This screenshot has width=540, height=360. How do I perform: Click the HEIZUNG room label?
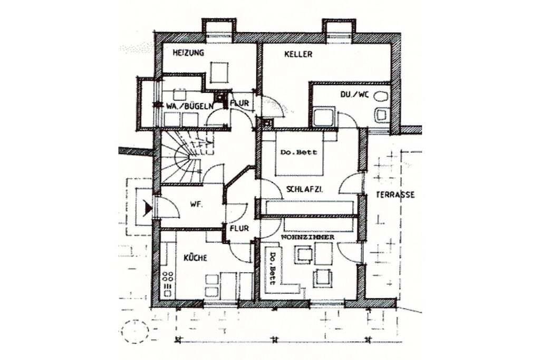tap(188, 53)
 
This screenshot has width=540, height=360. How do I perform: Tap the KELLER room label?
tap(298, 54)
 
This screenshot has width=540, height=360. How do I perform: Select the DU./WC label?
tap(354, 94)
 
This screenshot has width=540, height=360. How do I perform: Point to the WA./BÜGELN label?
tap(189, 106)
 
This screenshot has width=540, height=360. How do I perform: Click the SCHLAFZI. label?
tap(304, 189)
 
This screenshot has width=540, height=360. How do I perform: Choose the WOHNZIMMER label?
tap(307, 237)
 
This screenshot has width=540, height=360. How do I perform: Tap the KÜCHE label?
tap(195, 257)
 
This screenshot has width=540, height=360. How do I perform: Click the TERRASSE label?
tap(395, 195)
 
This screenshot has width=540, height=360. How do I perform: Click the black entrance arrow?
tap(148, 209)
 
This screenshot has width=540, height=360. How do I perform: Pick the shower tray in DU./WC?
tap(323, 117)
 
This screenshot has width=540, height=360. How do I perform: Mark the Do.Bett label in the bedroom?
tap(298, 152)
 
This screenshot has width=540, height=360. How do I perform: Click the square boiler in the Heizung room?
tap(219, 73)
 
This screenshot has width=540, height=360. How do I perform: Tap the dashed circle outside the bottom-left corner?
tap(136, 332)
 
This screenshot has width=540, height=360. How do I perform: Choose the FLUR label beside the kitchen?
tap(239, 228)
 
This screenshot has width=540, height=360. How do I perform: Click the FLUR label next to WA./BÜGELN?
tap(239, 103)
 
